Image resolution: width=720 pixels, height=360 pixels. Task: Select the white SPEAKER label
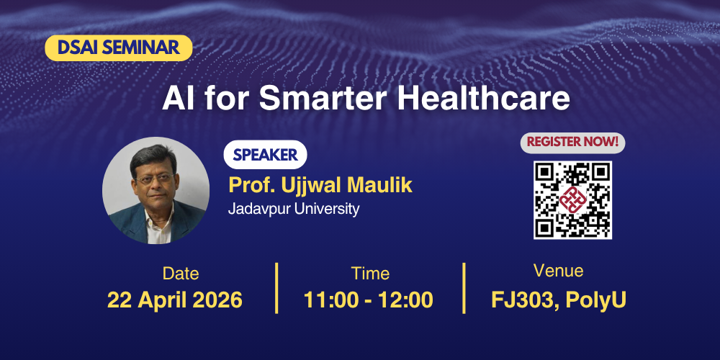point(264,155)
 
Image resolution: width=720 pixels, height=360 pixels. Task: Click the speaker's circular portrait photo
point(156,190)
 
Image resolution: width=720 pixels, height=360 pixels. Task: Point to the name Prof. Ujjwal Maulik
point(320,185)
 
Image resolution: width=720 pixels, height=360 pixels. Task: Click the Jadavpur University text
point(294,210)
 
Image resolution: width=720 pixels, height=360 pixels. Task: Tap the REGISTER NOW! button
point(572,142)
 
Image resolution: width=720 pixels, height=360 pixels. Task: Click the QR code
point(572,199)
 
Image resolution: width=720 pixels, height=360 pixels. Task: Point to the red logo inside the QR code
point(572,199)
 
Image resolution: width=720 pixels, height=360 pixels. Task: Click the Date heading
point(181,274)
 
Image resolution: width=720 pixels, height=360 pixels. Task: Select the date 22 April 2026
point(175,300)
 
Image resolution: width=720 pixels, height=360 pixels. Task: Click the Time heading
point(370,274)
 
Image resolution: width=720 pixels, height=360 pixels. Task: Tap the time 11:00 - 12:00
point(369,300)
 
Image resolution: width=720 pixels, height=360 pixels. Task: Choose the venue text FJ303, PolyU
point(559,300)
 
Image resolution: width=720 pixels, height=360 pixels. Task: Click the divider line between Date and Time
point(277,288)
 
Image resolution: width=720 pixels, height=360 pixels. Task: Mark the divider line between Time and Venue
point(464,288)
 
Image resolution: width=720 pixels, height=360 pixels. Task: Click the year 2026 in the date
point(217,300)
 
